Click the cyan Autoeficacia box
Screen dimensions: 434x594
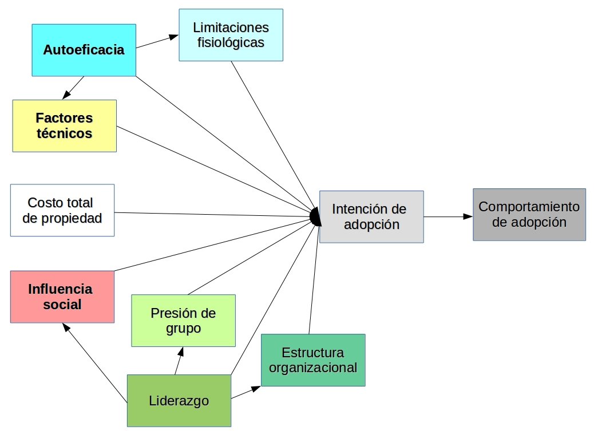[84, 50]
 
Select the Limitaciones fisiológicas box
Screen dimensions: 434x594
[231, 35]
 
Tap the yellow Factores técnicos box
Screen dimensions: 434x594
[64, 125]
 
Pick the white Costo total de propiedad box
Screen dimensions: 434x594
[62, 210]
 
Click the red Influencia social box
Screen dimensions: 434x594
[62, 296]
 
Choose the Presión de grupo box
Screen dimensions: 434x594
[183, 320]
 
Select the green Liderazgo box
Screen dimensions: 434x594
[179, 400]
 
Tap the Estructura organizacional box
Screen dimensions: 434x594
[313, 360]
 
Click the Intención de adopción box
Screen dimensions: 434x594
[371, 216]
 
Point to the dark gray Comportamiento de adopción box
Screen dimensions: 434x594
[529, 214]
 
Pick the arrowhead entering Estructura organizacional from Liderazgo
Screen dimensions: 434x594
[256, 388]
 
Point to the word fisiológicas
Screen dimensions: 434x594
[231, 42]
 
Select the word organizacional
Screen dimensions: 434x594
[313, 367]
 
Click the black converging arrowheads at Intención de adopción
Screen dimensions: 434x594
[314, 216]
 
